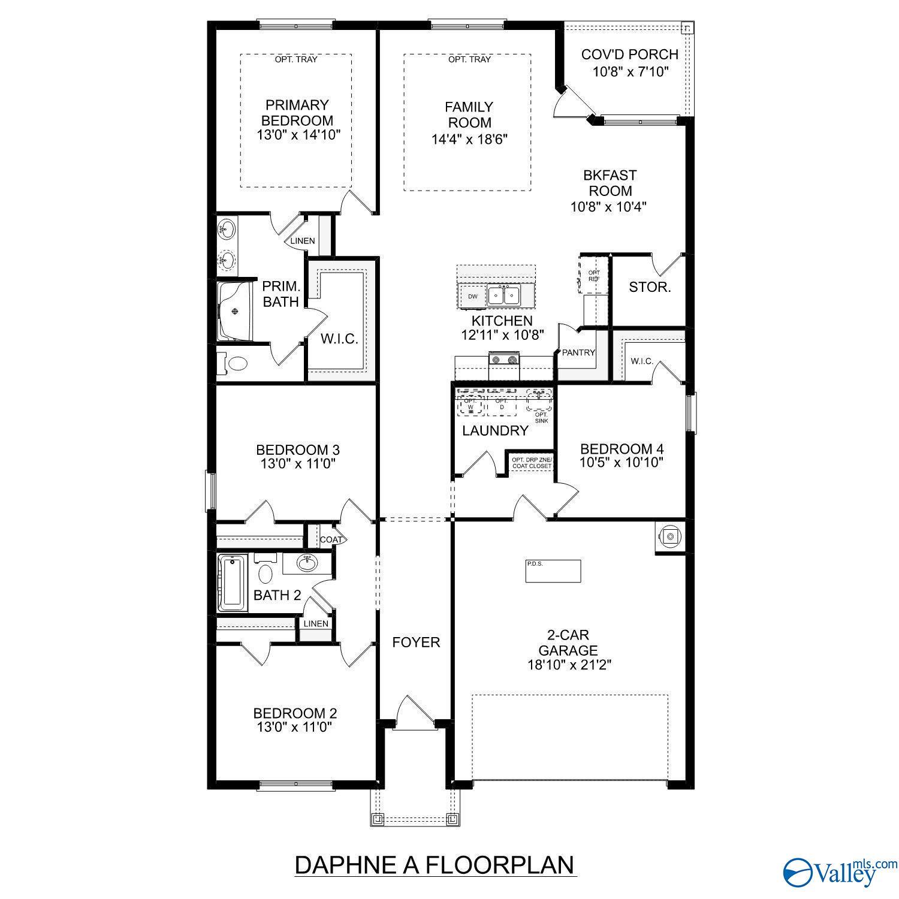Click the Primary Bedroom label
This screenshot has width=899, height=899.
tap(298, 113)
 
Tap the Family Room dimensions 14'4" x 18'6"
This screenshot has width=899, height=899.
tap(470, 139)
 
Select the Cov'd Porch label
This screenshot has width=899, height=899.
tap(629, 55)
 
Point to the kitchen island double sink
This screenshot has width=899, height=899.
tap(503, 295)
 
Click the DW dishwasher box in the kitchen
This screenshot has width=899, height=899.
tap(473, 296)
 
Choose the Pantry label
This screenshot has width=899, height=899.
tap(578, 352)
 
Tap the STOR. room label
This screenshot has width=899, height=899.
tap(649, 287)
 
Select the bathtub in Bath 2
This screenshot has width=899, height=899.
tap(233, 583)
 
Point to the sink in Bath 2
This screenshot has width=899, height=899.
tap(307, 562)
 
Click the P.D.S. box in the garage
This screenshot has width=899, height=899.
tap(553, 571)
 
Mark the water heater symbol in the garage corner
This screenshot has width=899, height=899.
tap(671, 536)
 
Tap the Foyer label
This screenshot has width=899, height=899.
tap(416, 642)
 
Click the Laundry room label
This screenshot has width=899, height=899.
tap(495, 430)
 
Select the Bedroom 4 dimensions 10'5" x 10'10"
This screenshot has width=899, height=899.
tap(622, 463)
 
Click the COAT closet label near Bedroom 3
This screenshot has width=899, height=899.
tap(330, 539)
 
